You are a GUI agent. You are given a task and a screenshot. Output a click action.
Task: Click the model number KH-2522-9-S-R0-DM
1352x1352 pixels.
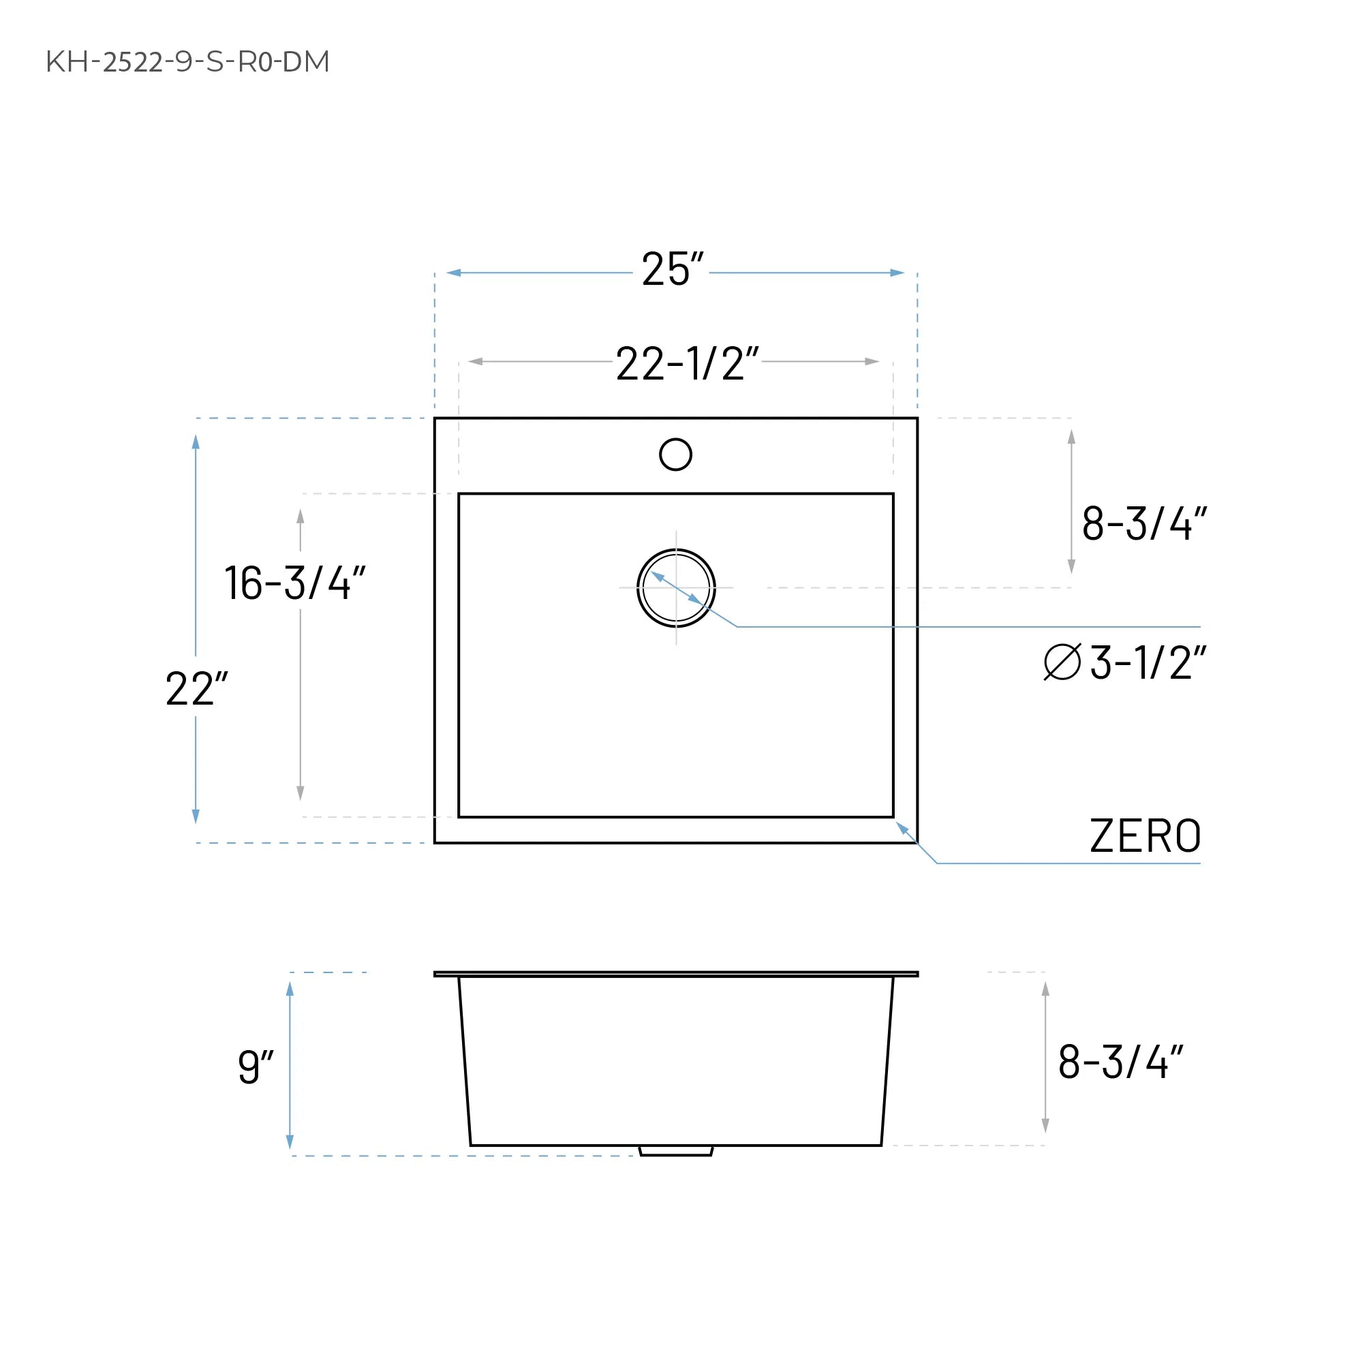(187, 62)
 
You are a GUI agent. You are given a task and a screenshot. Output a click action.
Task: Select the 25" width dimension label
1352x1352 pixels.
(672, 269)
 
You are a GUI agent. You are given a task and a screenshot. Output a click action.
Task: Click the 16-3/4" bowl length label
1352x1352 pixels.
(294, 583)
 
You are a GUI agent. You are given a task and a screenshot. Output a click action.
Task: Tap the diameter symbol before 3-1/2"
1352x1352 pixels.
(1062, 662)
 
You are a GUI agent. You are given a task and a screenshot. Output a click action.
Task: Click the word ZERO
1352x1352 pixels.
(1145, 836)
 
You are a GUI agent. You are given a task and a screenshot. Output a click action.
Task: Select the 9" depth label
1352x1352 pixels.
(256, 1066)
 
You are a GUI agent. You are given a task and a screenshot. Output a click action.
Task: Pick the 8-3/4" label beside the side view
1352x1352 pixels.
(1120, 1062)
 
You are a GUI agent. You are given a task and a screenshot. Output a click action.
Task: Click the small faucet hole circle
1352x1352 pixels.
(675, 454)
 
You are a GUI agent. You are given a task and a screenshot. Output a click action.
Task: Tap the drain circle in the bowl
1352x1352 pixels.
(676, 588)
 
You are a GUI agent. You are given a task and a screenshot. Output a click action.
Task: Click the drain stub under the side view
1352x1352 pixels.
(675, 1150)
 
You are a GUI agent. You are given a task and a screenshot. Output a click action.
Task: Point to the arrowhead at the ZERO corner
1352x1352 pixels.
(902, 828)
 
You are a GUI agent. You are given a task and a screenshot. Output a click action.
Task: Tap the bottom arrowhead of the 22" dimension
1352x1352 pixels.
(196, 816)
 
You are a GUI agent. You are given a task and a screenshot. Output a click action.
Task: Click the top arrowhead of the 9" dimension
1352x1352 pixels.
(290, 989)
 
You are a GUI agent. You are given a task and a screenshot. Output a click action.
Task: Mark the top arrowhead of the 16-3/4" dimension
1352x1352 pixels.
(301, 517)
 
